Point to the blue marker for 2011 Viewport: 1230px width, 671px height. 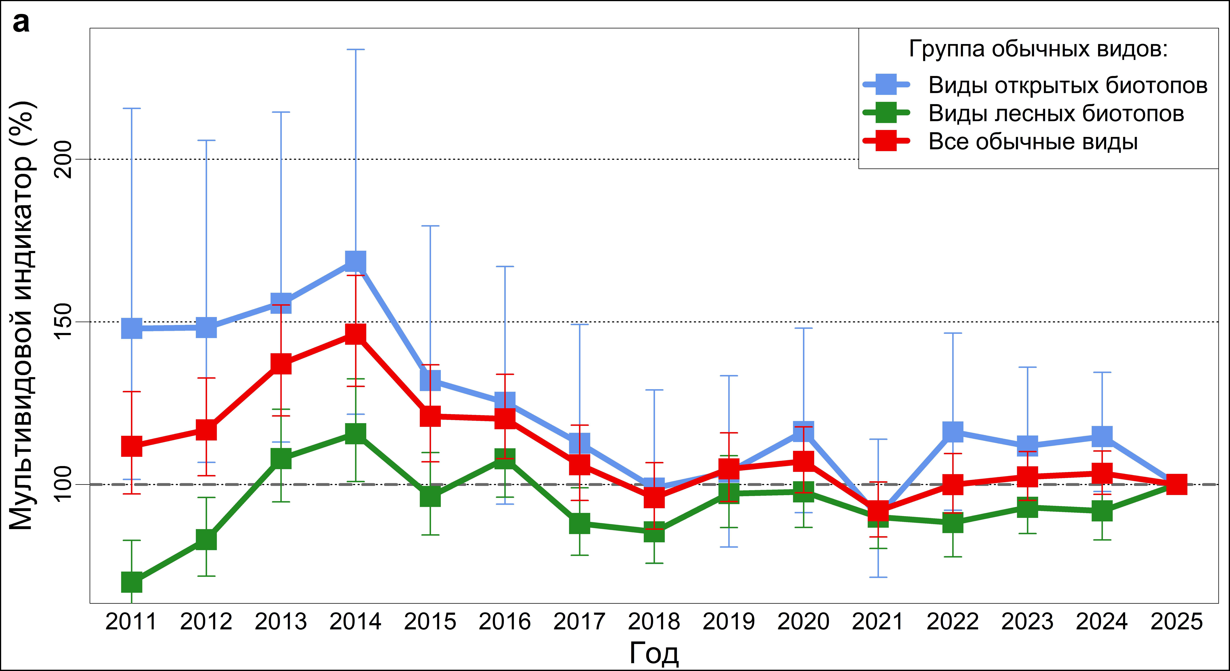[132, 328]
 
